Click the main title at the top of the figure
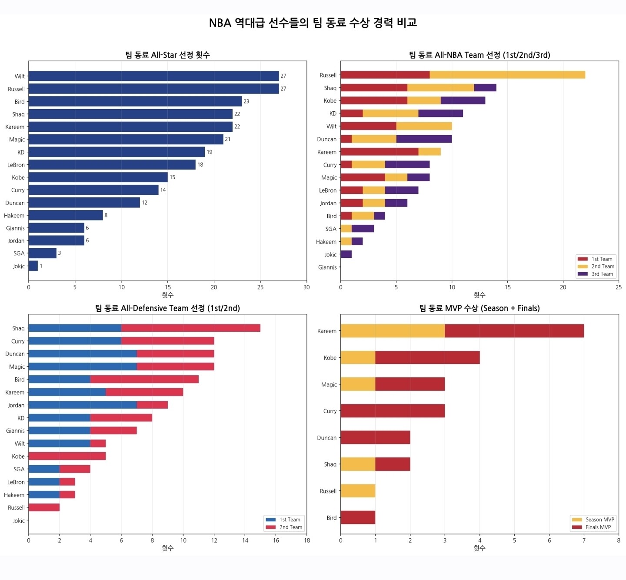click(313, 23)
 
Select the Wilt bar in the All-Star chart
click(153, 76)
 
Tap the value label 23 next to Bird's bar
click(246, 101)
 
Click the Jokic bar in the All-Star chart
click(33, 266)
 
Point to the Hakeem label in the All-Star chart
click(14, 215)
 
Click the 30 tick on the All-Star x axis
click(306, 287)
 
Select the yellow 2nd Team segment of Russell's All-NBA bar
click(507, 75)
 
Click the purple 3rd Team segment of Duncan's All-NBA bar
click(424, 139)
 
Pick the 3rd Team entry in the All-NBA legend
click(596, 274)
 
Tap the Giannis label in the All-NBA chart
click(327, 267)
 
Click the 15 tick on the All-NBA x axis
click(507, 287)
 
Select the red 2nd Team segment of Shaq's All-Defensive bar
click(191, 328)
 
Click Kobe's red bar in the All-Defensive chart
click(67, 456)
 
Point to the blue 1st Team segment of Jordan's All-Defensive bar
click(83, 405)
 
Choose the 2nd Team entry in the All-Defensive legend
click(284, 527)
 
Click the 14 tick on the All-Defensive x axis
click(245, 540)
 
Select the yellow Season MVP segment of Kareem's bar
click(393, 331)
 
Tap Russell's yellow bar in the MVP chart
click(358, 491)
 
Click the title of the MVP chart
click(479, 308)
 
